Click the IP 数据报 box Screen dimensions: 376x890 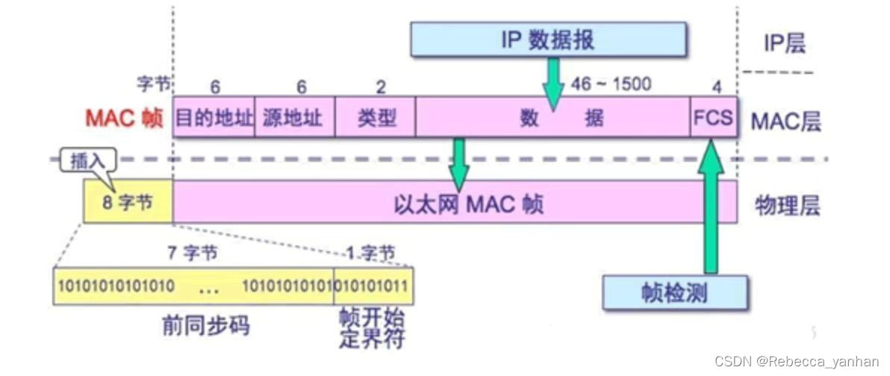click(x=548, y=40)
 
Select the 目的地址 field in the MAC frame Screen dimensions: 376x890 click(x=214, y=117)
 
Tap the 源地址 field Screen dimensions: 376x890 click(x=296, y=117)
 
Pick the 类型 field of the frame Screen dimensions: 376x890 click(x=376, y=117)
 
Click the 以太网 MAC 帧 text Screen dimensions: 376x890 click(x=467, y=203)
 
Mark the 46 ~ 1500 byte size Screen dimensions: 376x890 click(x=611, y=84)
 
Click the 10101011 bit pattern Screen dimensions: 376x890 click(x=374, y=285)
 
